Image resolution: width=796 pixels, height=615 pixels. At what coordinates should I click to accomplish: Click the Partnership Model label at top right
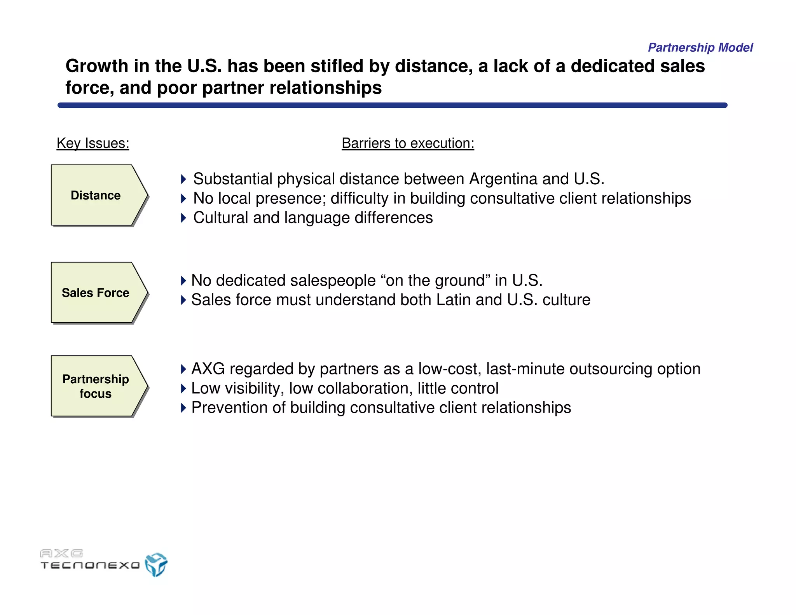click(700, 47)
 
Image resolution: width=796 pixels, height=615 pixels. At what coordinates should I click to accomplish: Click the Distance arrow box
click(96, 195)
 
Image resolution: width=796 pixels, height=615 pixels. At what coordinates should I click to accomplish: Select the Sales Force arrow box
click(96, 293)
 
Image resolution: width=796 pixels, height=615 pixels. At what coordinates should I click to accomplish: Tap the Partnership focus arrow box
click(96, 386)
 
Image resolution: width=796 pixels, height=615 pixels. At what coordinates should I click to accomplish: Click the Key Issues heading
click(93, 143)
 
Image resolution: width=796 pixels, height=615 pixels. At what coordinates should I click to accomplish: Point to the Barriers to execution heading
click(408, 143)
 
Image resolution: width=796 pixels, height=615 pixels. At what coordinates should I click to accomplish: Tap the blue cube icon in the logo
click(156, 564)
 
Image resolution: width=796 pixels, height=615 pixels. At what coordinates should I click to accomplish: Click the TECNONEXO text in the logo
click(90, 565)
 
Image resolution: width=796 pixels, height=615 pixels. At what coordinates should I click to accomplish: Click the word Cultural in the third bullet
click(221, 218)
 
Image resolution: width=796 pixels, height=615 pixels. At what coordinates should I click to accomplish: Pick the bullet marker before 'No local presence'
click(183, 199)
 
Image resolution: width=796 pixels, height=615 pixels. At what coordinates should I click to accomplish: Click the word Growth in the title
click(97, 66)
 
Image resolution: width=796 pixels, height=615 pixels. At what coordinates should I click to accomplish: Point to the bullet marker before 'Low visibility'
click(183, 388)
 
